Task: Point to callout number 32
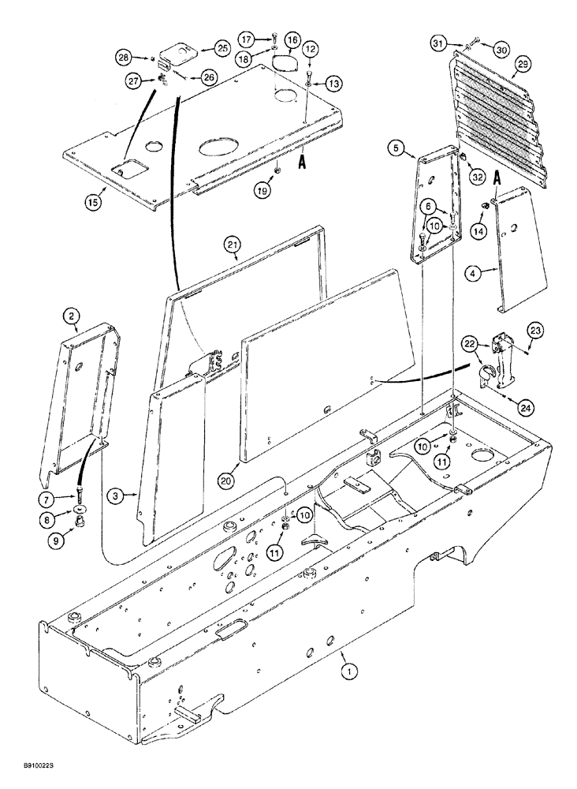coord(477,178)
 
